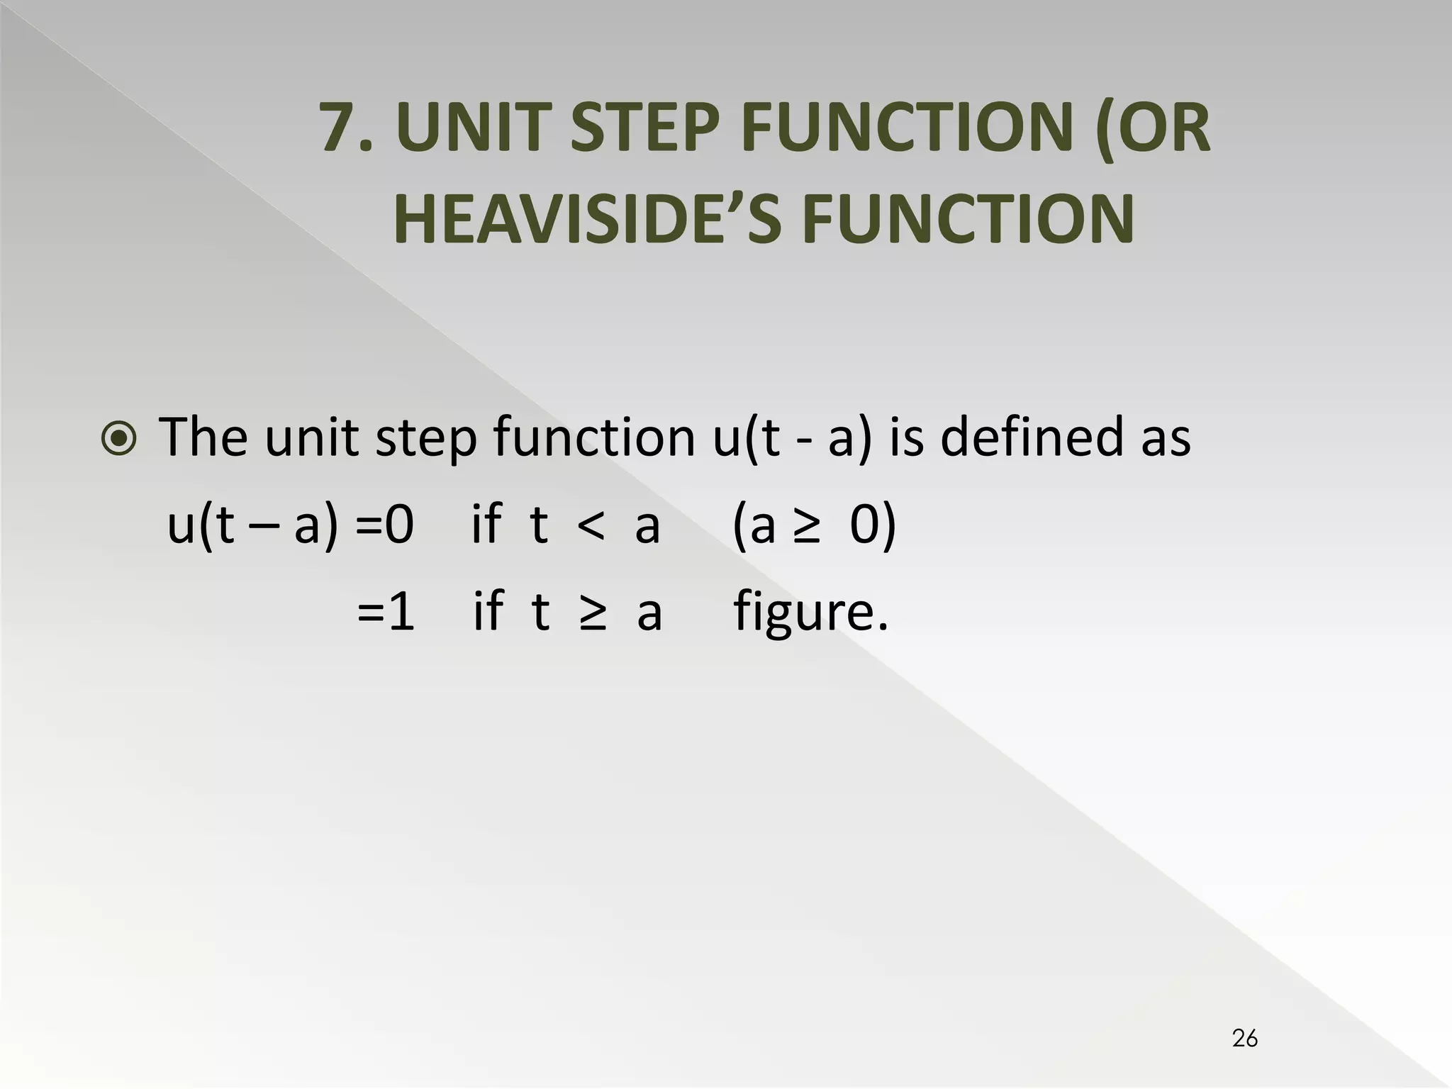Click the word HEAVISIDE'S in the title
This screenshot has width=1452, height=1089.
[587, 219]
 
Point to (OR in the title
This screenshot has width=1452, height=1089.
[1153, 128]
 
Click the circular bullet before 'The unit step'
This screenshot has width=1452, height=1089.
[119, 439]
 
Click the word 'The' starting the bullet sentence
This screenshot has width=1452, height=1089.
[203, 437]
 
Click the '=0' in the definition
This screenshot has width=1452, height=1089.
[384, 525]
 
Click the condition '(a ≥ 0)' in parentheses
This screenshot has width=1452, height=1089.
[814, 525]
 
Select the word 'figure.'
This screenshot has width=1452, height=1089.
[810, 613]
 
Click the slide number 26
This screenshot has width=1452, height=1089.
[1245, 1038]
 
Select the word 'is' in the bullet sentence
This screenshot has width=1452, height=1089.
[907, 437]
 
